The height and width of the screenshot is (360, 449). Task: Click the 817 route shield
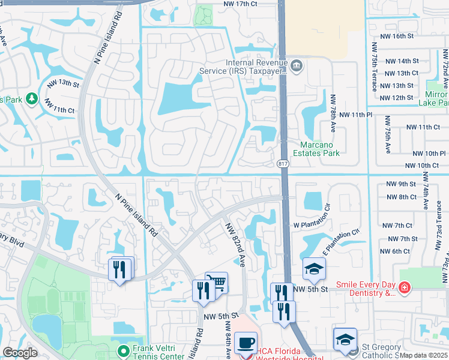pos(282,163)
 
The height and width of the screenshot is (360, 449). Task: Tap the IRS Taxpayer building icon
pos(297,64)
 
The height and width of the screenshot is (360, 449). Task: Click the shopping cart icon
pos(216,282)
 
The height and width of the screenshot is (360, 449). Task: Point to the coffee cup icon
pos(245,344)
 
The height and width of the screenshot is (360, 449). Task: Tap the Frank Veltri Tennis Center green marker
pos(124,350)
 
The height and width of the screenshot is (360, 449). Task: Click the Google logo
pos(20,352)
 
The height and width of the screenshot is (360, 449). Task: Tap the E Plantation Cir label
pos(340,242)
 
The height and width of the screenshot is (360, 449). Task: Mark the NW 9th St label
pos(402,184)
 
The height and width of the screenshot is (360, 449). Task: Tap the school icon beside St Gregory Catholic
pos(345,340)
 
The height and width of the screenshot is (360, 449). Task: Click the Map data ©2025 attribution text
pos(424,355)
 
